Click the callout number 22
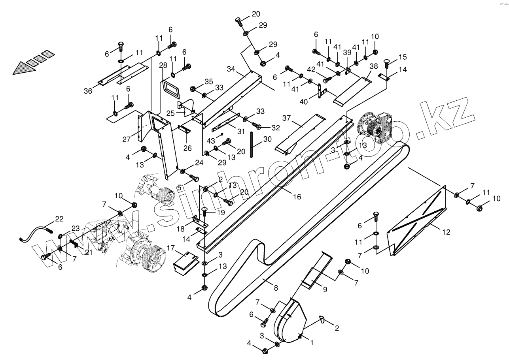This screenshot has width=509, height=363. click(59, 219)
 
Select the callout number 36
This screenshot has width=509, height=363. click(88, 91)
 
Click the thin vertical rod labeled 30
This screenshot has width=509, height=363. click(252, 145)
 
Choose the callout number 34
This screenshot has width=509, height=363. click(232, 70)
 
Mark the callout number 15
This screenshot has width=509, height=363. click(403, 57)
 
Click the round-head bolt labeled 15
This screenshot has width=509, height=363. click(387, 62)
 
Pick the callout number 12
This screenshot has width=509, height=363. click(446, 232)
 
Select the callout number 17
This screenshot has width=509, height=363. click(170, 248)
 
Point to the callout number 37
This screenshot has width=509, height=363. click(287, 118)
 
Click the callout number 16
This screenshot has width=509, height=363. click(297, 196)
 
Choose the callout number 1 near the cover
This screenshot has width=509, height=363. click(312, 343)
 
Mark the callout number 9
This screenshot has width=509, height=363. click(325, 290)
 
